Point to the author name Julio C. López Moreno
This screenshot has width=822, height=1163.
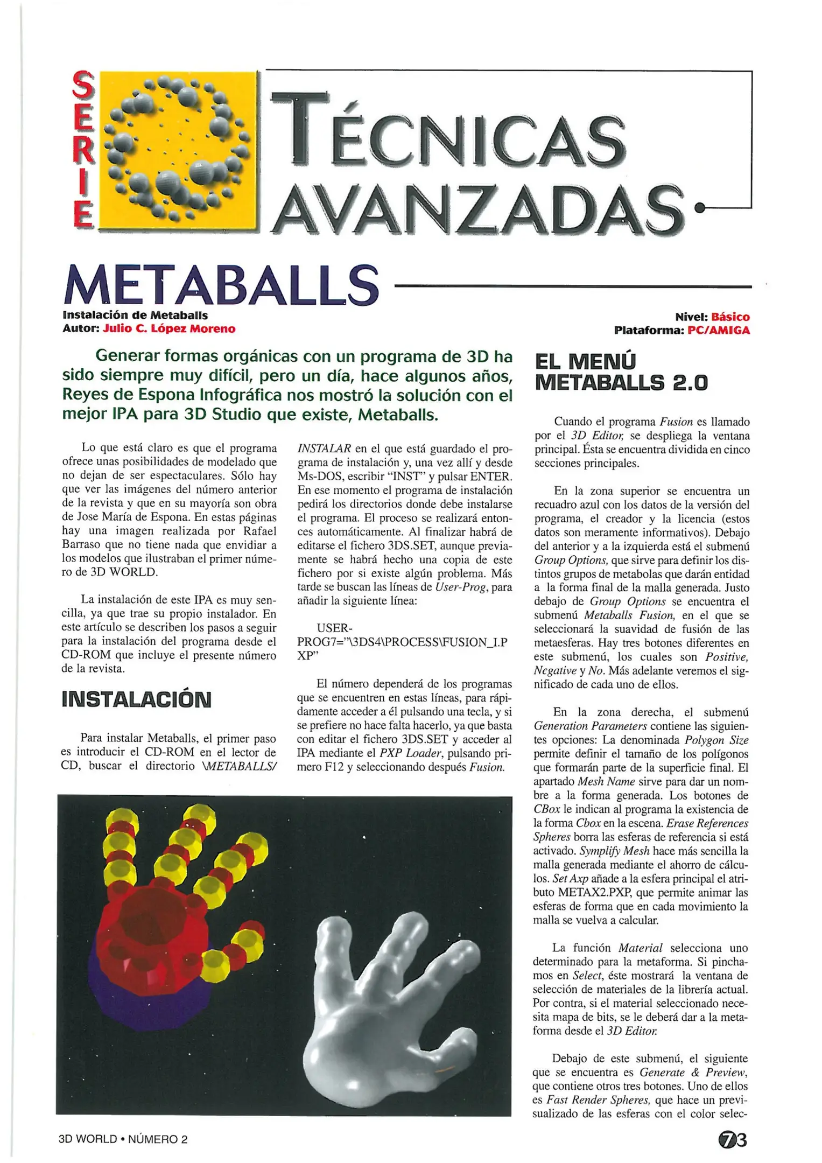169,329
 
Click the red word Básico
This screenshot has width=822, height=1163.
730,317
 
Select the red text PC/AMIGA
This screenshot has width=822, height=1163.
718,331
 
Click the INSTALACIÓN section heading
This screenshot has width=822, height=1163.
136,699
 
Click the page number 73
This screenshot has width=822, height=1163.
733,1140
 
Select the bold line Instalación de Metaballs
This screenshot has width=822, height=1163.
135,316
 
